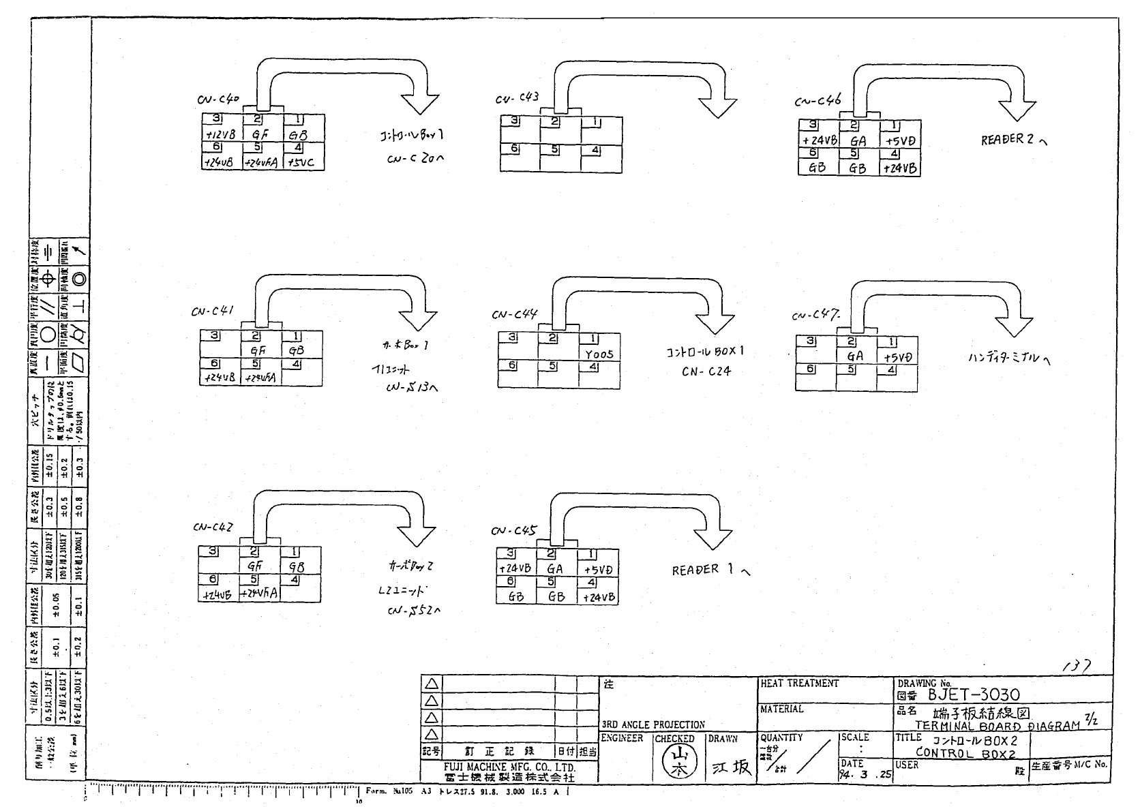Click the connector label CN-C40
click(x=218, y=100)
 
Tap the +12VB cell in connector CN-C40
click(x=220, y=135)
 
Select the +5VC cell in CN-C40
click(x=302, y=163)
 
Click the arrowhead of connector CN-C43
click(x=718, y=106)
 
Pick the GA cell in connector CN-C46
click(x=858, y=141)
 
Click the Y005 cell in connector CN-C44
click(x=599, y=354)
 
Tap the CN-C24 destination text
click(x=706, y=371)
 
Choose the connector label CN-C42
click(x=213, y=527)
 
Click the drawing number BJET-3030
click(x=974, y=694)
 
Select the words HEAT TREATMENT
click(x=799, y=683)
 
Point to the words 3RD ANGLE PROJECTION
click(x=652, y=724)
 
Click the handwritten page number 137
click(x=1077, y=665)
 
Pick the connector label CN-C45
click(x=513, y=531)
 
